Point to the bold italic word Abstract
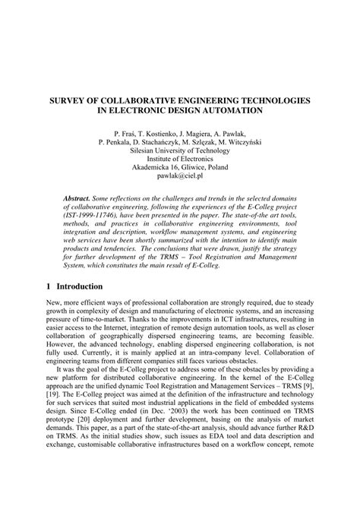(x=80, y=196)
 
